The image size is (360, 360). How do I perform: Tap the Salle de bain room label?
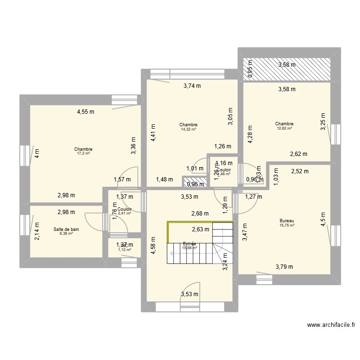point(66,229)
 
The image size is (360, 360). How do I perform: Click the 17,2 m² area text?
point(84,154)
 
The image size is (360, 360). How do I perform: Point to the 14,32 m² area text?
point(189,129)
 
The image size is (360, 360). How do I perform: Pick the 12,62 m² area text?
point(284,128)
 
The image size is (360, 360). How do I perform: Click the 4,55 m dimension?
point(86,112)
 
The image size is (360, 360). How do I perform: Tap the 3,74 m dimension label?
point(192,86)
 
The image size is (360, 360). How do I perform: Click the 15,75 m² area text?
point(287,226)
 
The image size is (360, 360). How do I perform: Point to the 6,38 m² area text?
point(66,234)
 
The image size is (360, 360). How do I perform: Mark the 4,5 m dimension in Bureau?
point(323,219)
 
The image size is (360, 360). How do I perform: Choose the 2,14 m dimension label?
point(37,228)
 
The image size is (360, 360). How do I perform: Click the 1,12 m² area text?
point(124,250)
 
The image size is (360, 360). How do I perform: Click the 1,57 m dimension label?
point(122,180)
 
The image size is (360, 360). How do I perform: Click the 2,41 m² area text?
point(124,214)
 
